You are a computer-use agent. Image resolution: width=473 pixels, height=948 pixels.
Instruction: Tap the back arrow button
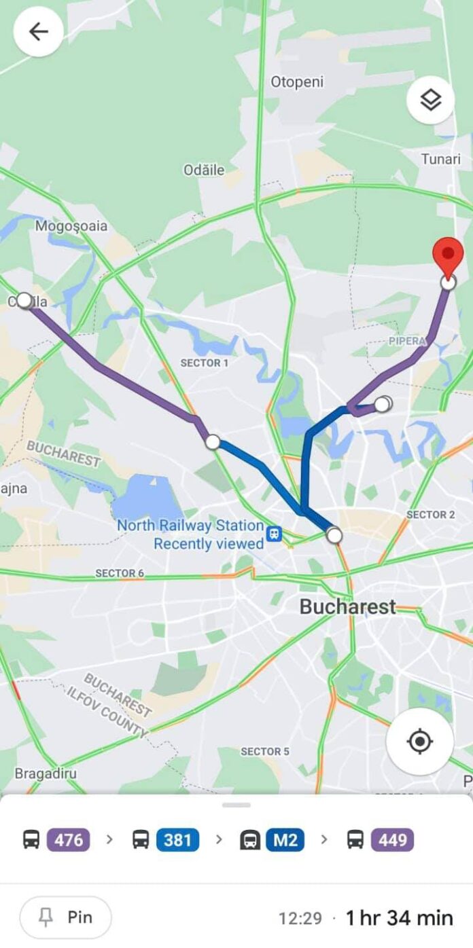[x=39, y=31]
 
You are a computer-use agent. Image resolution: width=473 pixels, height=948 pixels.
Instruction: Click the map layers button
[x=430, y=101]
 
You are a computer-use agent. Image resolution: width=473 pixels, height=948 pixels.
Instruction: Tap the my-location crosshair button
[x=419, y=741]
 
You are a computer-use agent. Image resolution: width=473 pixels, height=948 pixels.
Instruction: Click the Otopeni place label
[x=297, y=82]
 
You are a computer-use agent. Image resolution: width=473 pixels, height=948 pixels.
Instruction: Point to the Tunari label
[x=440, y=159]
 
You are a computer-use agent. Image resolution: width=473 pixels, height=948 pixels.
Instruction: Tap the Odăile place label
[x=204, y=170]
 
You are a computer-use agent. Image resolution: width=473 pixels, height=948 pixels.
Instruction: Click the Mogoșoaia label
[x=71, y=225]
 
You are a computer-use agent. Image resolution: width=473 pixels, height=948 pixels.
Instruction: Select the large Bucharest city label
[x=347, y=606]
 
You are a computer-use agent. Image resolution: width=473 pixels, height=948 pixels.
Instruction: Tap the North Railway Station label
[x=190, y=526]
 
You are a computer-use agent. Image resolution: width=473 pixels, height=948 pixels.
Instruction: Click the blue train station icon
[x=274, y=534]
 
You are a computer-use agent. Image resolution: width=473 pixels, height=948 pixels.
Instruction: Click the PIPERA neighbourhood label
[x=407, y=341]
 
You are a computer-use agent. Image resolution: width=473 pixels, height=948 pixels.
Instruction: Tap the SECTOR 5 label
[x=265, y=751]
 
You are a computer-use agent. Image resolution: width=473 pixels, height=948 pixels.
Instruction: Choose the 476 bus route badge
[x=69, y=840]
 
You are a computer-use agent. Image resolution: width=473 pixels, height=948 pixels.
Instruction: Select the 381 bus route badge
[x=177, y=840]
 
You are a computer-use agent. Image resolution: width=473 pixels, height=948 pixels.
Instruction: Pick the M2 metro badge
[x=285, y=840]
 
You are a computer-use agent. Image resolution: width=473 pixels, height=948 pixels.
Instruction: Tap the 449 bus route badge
[x=392, y=840]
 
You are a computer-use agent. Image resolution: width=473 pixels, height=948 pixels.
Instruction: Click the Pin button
[x=65, y=917]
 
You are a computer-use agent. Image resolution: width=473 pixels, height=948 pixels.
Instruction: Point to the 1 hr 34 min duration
[x=399, y=918]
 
